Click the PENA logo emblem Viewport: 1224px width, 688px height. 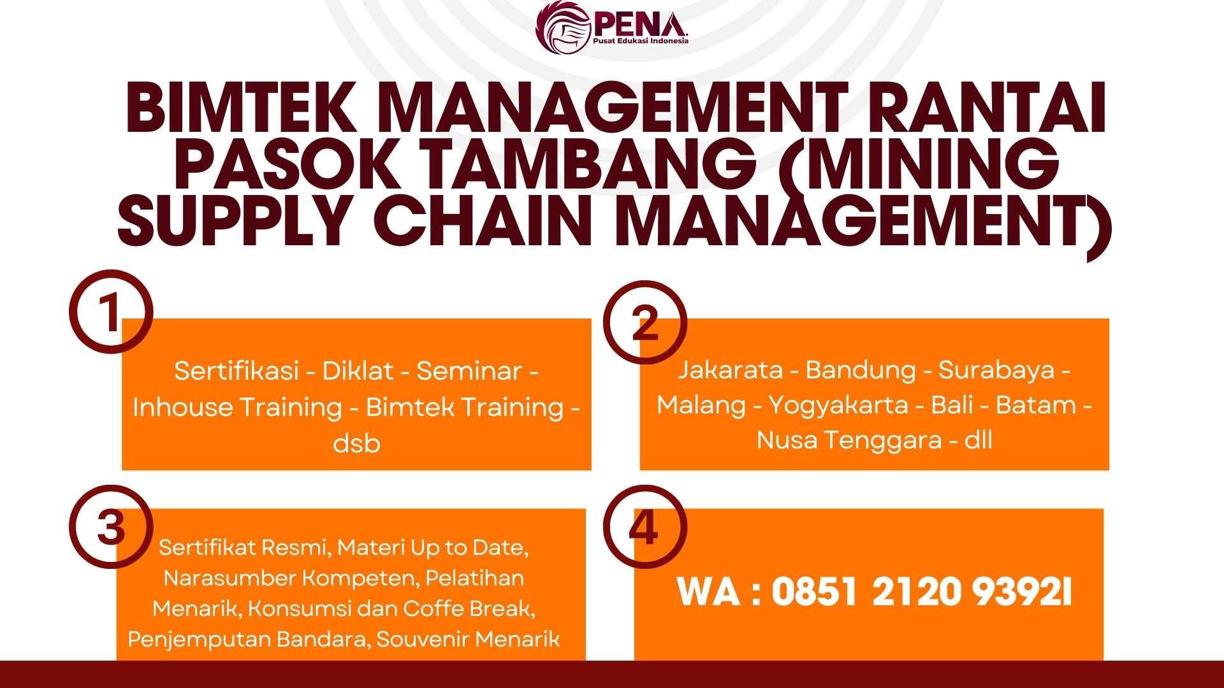[563, 27]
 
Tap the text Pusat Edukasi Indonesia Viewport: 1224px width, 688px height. [641, 41]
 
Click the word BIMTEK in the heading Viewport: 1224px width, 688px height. [242, 108]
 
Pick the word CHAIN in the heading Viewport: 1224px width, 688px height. [479, 220]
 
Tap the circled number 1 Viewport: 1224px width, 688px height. [111, 312]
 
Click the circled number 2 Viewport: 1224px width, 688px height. [645, 323]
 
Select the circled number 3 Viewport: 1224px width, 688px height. [111, 527]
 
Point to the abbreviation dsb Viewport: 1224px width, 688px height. [356, 443]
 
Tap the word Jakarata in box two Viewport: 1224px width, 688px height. [730, 369]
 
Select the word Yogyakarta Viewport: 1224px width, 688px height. [838, 405]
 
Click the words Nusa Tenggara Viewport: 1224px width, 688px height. [849, 440]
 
